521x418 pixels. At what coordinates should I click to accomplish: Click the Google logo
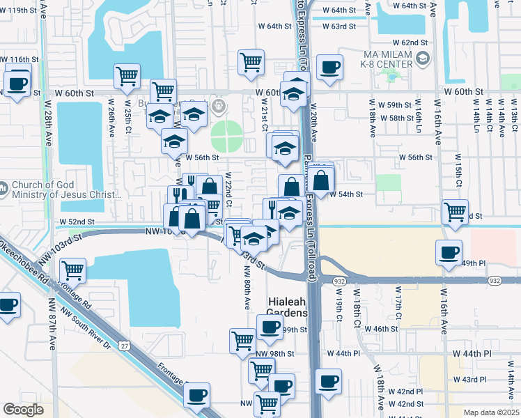(23, 410)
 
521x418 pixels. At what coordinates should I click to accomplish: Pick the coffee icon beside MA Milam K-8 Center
(329, 68)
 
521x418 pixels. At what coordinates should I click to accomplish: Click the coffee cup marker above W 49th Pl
(449, 251)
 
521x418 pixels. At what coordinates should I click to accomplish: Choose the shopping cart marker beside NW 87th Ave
(72, 269)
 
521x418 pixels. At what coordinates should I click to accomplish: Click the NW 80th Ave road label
(247, 288)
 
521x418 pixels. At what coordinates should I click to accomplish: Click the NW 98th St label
(275, 354)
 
